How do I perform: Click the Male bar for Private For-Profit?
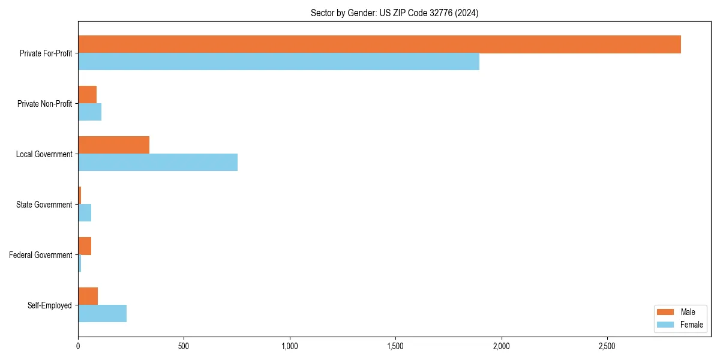(379, 44)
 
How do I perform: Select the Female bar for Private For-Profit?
(278, 61)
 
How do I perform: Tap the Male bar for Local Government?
(113, 145)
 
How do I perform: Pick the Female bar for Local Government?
(158, 162)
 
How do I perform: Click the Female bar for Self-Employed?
(102, 313)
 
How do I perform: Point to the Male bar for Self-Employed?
(88, 296)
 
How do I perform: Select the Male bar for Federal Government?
(85, 246)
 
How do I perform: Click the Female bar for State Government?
(85, 212)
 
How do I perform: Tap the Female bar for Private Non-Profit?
(89, 112)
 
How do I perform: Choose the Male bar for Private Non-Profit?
(87, 95)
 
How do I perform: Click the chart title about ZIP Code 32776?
(394, 13)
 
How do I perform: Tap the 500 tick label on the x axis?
(184, 346)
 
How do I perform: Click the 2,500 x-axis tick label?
(607, 346)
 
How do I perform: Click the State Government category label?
(44, 205)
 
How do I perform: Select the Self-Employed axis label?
(49, 305)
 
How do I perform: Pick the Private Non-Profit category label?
(44, 104)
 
